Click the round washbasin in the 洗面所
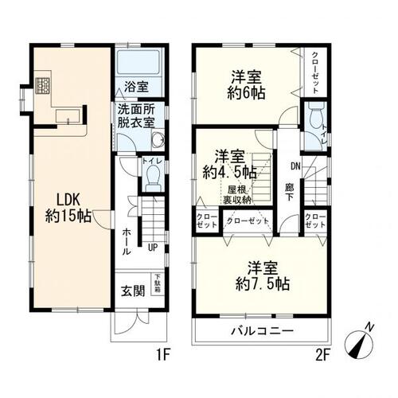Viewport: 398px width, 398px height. click(x=156, y=142)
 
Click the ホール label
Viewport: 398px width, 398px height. click(x=127, y=236)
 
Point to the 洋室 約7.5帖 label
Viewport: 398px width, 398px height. click(x=261, y=275)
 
